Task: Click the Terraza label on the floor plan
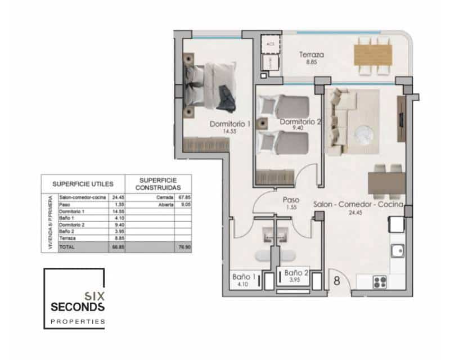point(311,55)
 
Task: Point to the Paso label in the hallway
point(290,200)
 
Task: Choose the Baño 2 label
point(296,272)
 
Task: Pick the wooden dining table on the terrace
point(372,55)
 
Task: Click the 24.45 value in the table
point(118,197)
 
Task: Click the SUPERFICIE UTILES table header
point(83,183)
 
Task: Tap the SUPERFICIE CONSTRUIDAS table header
point(159,183)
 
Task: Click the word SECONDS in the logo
point(77,307)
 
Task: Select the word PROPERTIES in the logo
point(78,321)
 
